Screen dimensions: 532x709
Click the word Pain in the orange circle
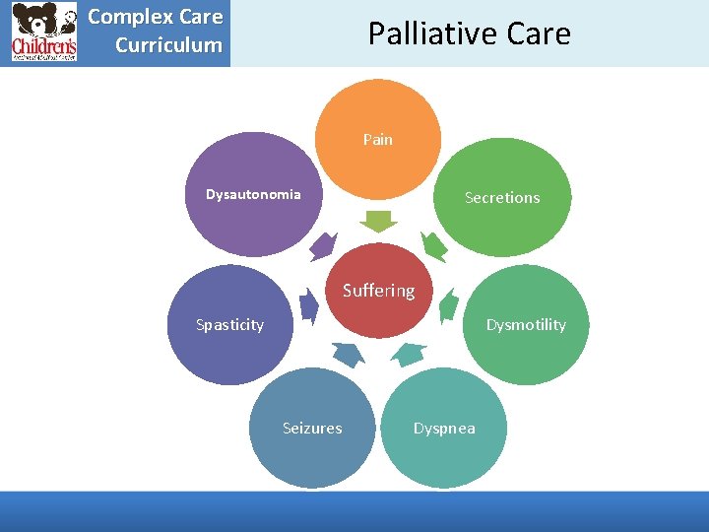click(x=377, y=140)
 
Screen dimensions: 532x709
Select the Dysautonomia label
click(x=253, y=194)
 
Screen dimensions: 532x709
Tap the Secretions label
click(x=502, y=197)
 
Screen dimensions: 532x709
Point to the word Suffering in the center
click(x=378, y=291)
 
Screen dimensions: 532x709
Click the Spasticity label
click(x=229, y=325)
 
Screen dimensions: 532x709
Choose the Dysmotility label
click(x=526, y=325)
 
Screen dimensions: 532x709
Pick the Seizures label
click(x=312, y=428)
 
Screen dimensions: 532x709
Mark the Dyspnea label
click(x=444, y=428)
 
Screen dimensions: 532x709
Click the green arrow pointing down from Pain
click(x=378, y=221)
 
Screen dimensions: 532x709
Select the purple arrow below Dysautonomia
click(x=322, y=246)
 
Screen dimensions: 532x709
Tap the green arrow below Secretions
click(x=434, y=246)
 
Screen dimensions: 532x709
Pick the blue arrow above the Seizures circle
click(x=348, y=353)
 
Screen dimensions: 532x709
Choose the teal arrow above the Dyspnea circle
click(x=408, y=353)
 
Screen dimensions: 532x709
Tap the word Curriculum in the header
click(x=168, y=45)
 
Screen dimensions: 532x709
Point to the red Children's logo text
click(x=43, y=46)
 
